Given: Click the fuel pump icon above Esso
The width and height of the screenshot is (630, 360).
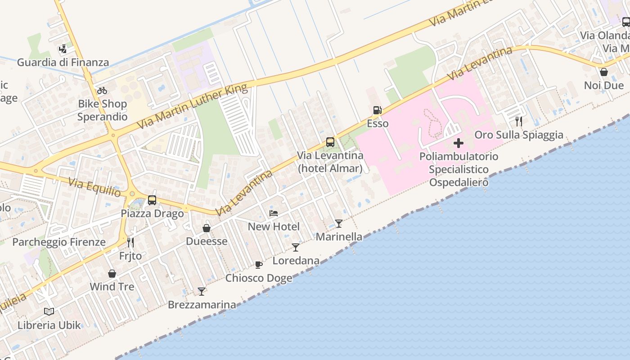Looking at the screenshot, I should pos(377,110).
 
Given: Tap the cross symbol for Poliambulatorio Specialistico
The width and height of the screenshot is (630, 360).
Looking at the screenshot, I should pos(458,144).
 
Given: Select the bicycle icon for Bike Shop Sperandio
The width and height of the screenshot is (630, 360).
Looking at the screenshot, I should pos(102,90).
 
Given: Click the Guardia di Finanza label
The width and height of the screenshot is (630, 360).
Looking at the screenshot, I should pos(63,63).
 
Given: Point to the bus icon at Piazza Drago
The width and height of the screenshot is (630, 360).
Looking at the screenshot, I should pos(152,200).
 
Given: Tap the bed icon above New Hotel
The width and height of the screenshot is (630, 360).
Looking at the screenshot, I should pos(274,213).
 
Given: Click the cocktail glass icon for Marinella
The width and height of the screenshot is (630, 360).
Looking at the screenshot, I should pos(338,223).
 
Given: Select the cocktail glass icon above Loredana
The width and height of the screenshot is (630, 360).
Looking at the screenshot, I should pos(296,247).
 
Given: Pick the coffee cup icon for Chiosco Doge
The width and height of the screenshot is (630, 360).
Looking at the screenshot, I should pos(258,265).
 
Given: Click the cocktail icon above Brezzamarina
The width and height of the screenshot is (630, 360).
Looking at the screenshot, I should pos(202,292).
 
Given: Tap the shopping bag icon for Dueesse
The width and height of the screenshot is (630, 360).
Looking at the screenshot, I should pos(207,228).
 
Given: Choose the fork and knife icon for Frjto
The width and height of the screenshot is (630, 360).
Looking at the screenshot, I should pos(130,243).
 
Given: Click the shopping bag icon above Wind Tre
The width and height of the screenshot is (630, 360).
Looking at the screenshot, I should pos(112,274).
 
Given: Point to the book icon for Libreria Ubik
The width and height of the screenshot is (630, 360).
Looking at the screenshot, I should pos(49,311).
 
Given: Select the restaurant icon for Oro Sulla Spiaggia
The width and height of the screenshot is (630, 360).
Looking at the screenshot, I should pos(518,121).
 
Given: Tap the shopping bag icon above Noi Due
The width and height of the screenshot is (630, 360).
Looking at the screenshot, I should pos(604,72).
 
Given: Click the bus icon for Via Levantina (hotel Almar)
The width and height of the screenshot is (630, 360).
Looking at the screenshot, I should pos(330,142).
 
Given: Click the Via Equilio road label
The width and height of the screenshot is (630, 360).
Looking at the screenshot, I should pos(94,188).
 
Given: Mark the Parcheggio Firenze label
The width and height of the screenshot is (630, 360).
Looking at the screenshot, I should pos(59,242).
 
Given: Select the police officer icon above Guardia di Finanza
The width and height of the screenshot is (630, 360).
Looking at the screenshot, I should pos(63,49).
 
